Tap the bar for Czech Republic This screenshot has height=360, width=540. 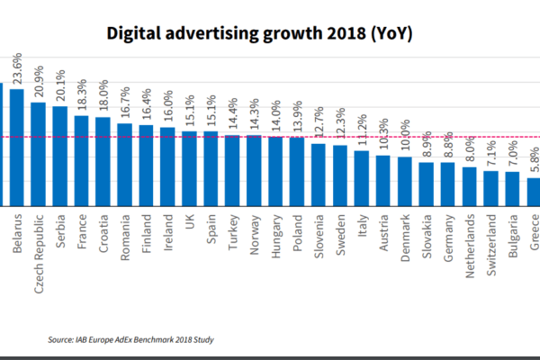tap(39, 154)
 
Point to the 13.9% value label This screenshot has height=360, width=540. tap(297, 119)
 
